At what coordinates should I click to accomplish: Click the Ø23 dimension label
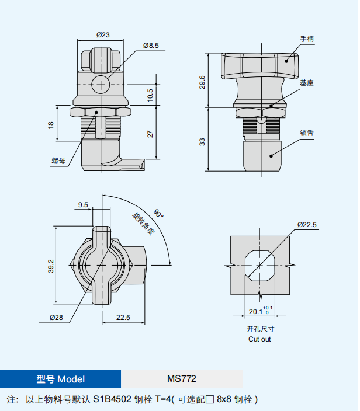(x=103, y=35)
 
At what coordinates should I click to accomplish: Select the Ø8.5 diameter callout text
(x=151, y=46)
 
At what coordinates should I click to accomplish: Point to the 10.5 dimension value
(x=150, y=95)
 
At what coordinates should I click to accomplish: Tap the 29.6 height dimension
(x=202, y=82)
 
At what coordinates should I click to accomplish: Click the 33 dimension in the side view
(x=202, y=142)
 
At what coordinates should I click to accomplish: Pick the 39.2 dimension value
(x=51, y=266)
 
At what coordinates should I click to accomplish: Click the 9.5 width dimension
(x=83, y=205)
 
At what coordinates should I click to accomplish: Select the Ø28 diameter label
(x=57, y=318)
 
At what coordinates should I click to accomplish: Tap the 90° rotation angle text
(x=158, y=213)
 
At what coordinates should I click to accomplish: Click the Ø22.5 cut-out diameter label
(x=307, y=225)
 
